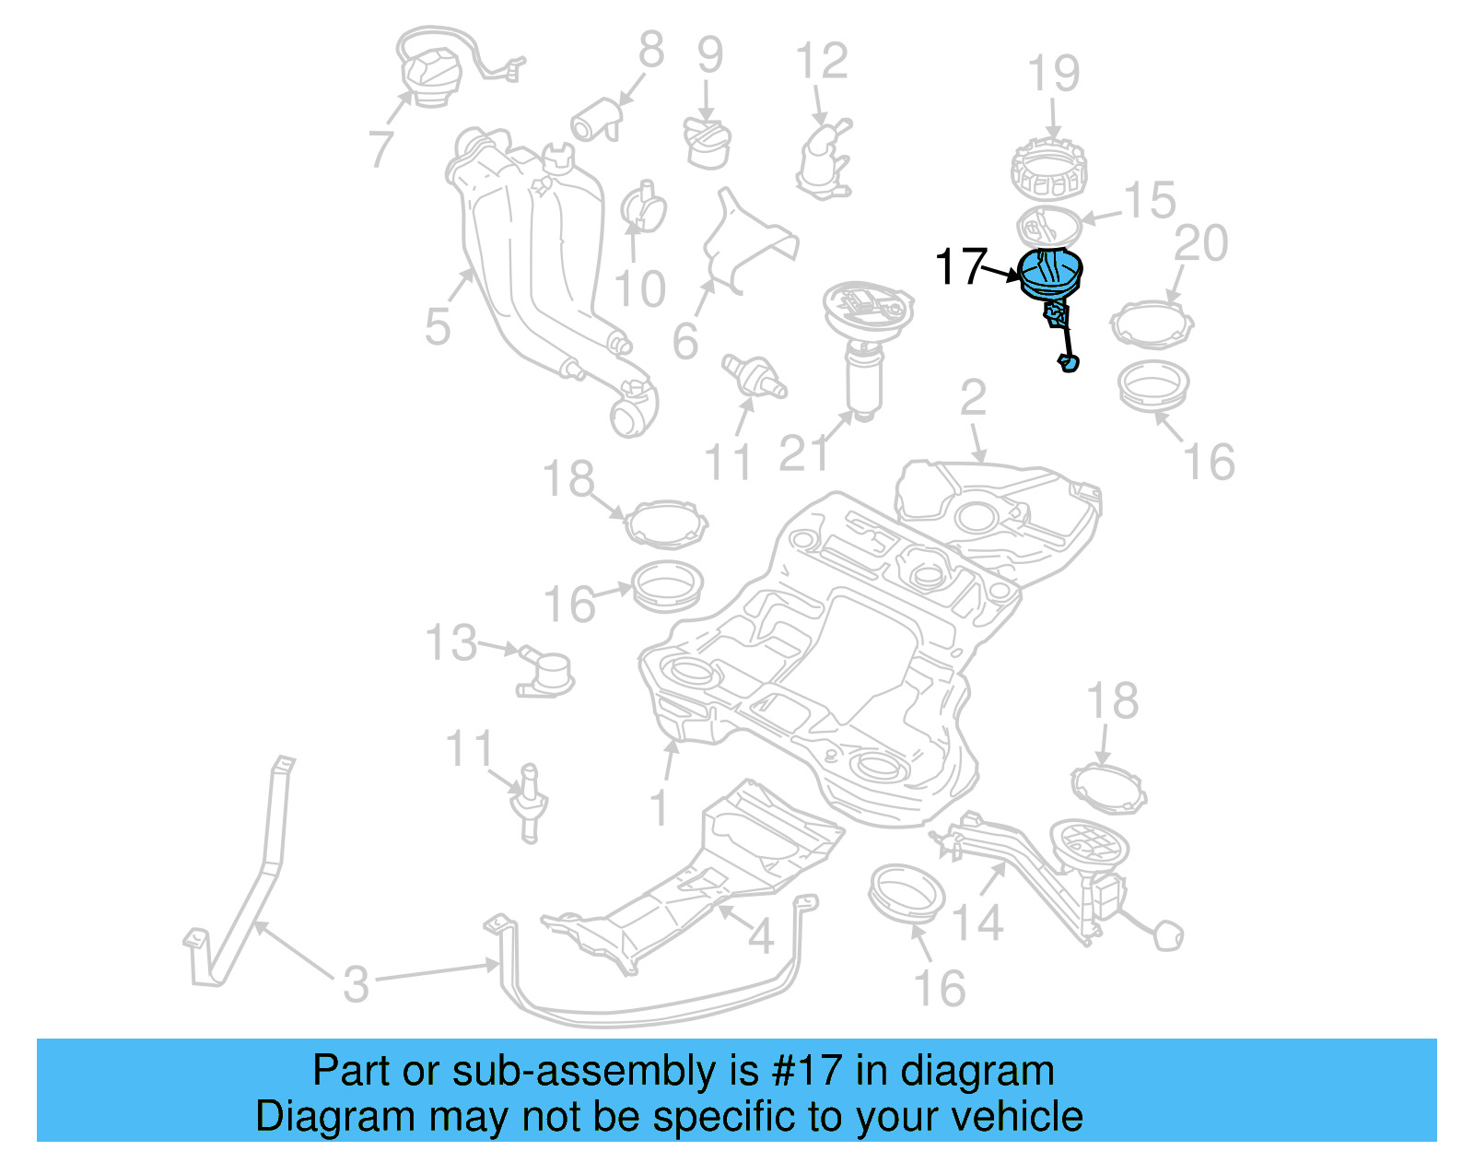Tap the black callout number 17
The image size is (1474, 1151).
click(961, 267)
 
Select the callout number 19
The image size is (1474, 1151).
click(1054, 74)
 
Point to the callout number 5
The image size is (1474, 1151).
click(438, 326)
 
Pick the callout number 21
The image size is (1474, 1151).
click(803, 453)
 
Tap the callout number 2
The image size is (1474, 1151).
click(973, 398)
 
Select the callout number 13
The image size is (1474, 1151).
click(451, 642)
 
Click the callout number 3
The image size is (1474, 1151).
click(356, 983)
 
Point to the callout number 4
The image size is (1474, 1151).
click(760, 937)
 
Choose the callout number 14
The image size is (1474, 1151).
click(977, 922)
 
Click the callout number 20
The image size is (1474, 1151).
click(1201, 243)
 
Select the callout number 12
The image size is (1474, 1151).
click(822, 62)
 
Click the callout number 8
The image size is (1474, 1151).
click(651, 50)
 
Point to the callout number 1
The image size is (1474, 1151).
click(658, 808)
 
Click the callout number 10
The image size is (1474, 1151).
click(639, 288)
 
